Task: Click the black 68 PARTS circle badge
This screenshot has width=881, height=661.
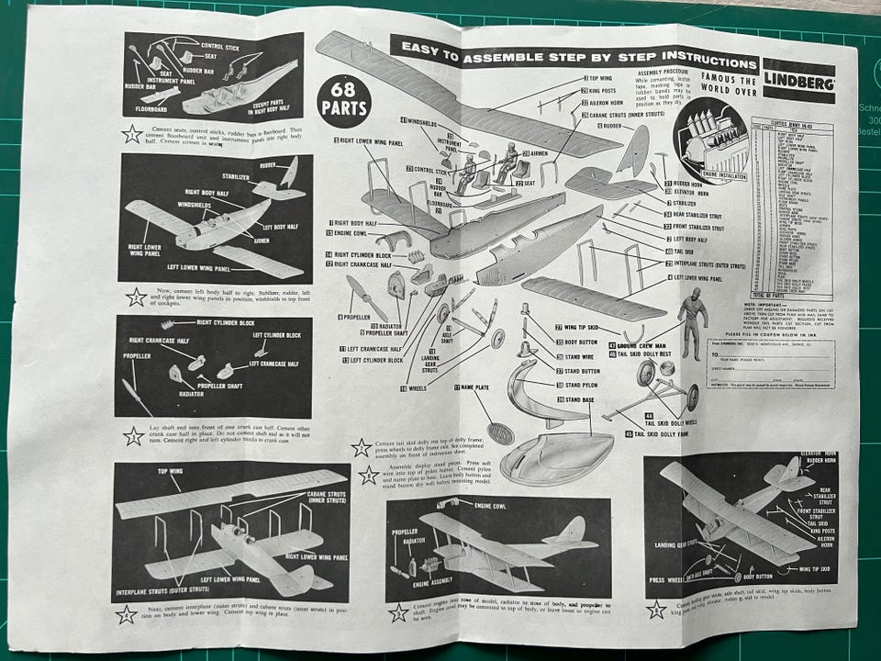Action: coord(344,97)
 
